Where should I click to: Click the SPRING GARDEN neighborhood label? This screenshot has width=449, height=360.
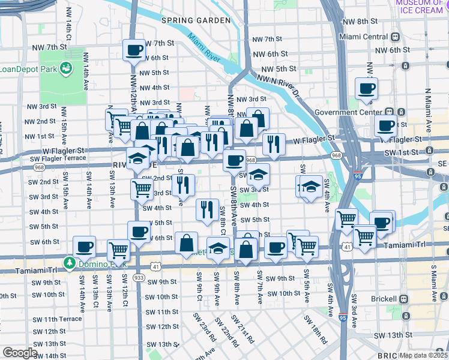click(x=196, y=20)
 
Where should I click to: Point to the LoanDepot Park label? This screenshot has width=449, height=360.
click(x=24, y=68)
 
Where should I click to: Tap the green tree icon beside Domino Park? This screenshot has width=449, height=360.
click(x=70, y=262)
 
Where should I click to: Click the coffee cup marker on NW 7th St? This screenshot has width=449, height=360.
click(x=134, y=50)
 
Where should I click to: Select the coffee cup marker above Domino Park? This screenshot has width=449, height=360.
click(x=84, y=246)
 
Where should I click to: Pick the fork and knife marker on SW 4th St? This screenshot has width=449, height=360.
click(x=206, y=209)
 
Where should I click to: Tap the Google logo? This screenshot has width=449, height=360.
click(x=19, y=353)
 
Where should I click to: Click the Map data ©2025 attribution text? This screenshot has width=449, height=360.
click(x=423, y=355)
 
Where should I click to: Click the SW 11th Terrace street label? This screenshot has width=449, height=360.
click(x=58, y=319)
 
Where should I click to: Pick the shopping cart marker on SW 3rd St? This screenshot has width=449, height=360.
click(x=142, y=189)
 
